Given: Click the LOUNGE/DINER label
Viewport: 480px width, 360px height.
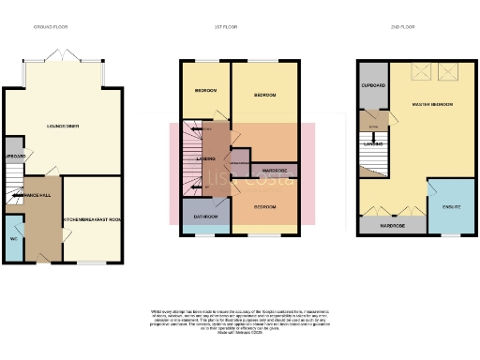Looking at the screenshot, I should (x=62, y=125).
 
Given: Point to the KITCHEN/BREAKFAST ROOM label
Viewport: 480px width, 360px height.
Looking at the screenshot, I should (x=92, y=220).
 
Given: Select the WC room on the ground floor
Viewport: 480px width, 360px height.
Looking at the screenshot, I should (x=12, y=238).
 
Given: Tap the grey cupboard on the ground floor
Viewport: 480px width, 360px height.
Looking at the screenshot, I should (x=13, y=157).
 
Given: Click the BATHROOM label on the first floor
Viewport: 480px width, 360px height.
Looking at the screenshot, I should (x=205, y=217).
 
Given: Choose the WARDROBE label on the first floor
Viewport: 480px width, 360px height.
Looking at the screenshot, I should (x=275, y=171).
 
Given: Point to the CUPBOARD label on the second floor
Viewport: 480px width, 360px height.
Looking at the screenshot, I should (x=373, y=85).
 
